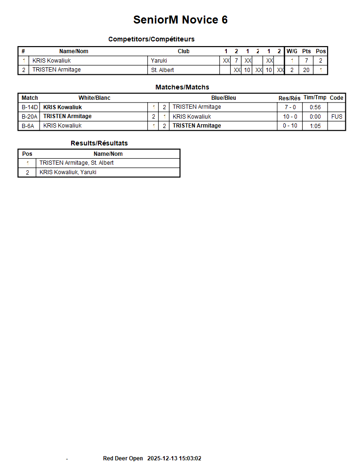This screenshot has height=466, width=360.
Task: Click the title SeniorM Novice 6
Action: pos(180,20)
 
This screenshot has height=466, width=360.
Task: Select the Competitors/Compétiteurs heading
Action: pos(151,39)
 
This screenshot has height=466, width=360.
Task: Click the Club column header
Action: pos(184,51)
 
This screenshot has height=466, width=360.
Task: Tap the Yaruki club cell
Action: pos(159,60)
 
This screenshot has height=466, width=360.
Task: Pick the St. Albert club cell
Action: pos(162,70)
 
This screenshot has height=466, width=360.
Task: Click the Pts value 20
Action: pos(306,70)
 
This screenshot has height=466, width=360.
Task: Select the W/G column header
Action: pos(292,51)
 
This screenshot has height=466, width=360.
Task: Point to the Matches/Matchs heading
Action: pos(182,87)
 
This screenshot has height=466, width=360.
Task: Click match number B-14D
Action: pos(30,107)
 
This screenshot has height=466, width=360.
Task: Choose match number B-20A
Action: pos(30,117)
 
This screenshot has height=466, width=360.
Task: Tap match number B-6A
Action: pos(28,126)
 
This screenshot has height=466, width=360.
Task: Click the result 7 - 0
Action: pos(290,107)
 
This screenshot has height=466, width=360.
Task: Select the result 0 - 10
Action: pos(290,126)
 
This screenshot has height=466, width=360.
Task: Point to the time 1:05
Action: pos(315,126)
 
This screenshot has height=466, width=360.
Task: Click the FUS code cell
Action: pos(336,117)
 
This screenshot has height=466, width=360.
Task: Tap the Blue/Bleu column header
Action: pos(224,98)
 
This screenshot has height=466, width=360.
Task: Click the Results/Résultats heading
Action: pos(99,143)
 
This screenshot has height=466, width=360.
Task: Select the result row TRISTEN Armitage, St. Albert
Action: pos(76,163)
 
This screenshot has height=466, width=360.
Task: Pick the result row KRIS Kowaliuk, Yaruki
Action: pos(68,172)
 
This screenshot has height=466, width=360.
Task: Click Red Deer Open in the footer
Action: pos(123,458)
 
